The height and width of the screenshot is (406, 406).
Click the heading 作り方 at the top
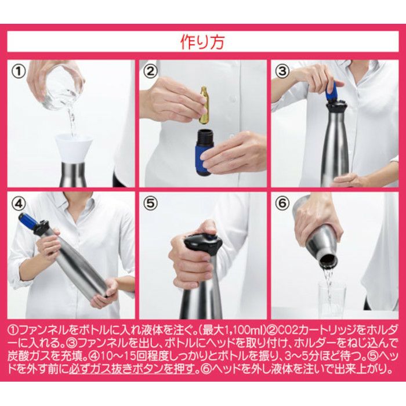point(203,42)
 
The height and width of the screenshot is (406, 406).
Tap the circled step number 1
point(20,72)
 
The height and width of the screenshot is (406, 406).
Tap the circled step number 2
point(151,72)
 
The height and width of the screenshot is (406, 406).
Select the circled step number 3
point(282,72)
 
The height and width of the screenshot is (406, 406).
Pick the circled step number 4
point(20,205)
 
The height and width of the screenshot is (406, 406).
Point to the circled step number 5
point(151,205)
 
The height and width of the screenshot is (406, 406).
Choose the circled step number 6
point(282,205)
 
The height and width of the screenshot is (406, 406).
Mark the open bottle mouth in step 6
point(328,260)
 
